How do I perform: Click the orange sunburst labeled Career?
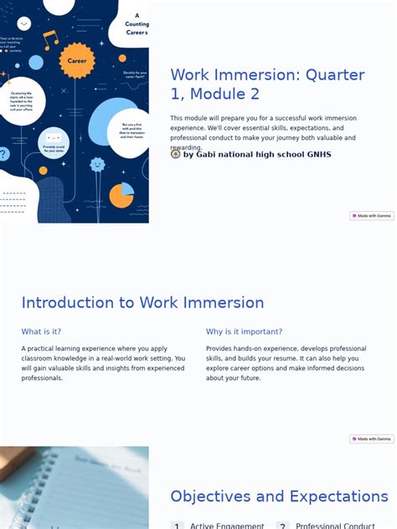point(76,60)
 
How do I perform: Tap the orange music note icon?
point(51,39)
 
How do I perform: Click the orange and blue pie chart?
point(121,195)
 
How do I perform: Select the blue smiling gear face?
point(97,165)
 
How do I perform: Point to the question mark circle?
point(3,154)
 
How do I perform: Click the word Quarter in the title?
point(335,74)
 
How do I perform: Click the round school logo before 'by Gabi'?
point(175,154)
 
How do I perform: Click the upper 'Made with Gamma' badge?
point(371,216)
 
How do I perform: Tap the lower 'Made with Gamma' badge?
point(371,439)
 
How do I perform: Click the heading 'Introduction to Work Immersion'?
point(142,303)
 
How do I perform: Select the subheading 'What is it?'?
point(41,331)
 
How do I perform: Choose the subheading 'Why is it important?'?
point(244,331)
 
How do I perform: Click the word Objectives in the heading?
point(211,496)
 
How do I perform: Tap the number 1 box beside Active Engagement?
point(177,526)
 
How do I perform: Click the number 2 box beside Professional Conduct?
point(283,526)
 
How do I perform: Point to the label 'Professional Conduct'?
point(334,526)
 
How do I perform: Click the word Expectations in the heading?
point(332,496)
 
